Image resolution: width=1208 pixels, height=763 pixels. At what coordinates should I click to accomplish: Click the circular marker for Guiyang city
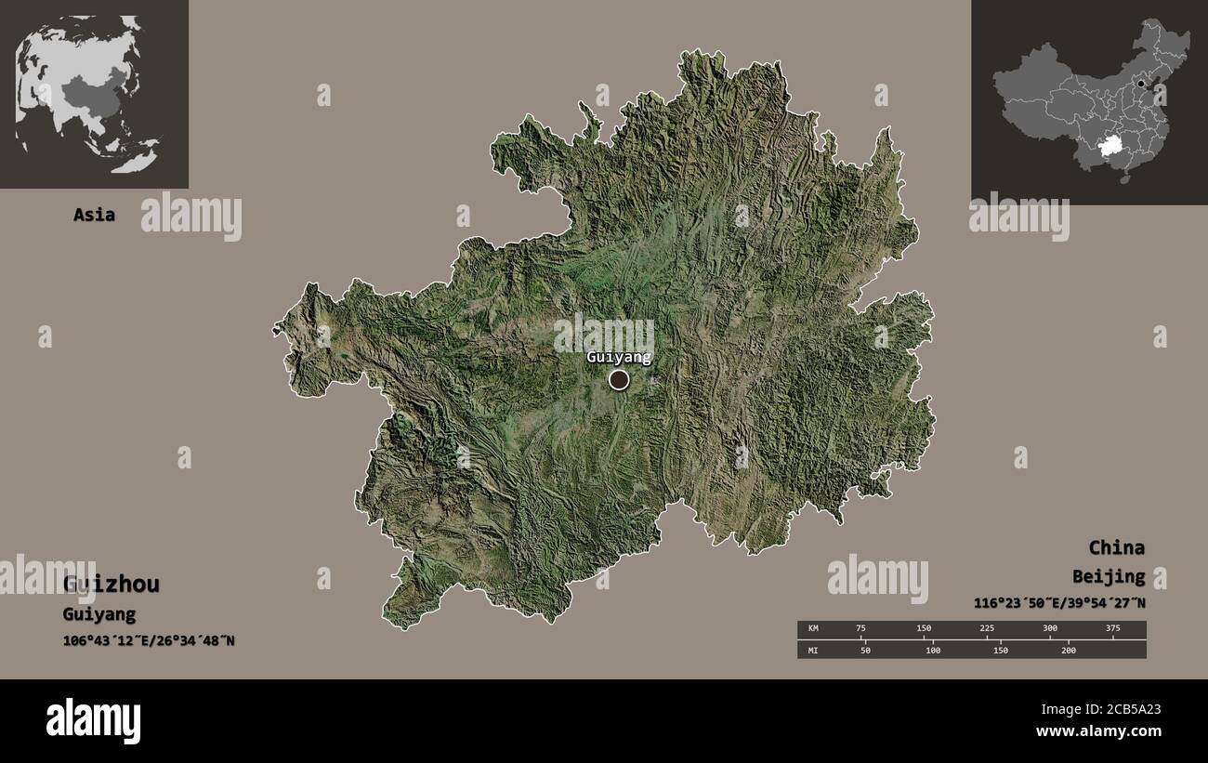619,379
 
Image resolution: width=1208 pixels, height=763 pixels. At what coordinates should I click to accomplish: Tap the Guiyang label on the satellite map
618,357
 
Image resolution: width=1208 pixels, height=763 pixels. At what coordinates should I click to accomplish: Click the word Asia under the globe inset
95,215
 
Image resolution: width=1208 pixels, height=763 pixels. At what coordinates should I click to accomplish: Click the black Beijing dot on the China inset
1140,84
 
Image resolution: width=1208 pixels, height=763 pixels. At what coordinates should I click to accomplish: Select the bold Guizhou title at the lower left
111,585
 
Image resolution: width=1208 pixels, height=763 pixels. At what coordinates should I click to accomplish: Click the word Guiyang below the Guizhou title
98,614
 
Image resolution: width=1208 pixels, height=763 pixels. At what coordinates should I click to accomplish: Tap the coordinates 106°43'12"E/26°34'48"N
148,640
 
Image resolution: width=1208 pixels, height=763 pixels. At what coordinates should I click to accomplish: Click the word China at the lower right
1116,547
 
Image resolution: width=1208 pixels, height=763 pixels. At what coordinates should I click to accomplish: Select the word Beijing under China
1108,577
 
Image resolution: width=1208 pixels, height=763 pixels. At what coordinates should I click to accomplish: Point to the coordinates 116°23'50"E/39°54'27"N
1059,603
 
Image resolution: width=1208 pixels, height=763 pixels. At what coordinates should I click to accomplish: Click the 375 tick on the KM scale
1113,629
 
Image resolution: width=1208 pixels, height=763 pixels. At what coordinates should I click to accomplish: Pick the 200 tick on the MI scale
1068,651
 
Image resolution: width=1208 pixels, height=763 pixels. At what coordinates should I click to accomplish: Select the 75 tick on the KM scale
860,629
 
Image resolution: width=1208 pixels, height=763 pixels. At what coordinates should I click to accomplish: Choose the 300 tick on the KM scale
1050,629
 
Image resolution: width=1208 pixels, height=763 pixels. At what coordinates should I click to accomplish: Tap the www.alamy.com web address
1095,732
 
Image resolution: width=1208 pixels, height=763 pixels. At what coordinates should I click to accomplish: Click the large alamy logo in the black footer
94,721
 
